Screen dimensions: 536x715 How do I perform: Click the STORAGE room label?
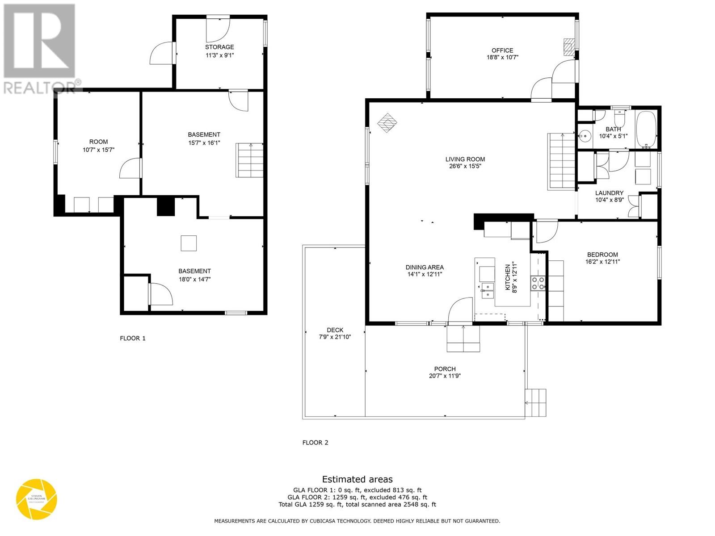pyautogui.click(x=219, y=47)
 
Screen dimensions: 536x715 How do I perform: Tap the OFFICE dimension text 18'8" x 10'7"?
pyautogui.click(x=502, y=58)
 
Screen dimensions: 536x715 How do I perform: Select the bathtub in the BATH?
pyautogui.click(x=646, y=130)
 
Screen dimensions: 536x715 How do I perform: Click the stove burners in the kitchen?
pyautogui.click(x=538, y=283)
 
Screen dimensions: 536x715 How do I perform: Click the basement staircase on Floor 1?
pyautogui.click(x=250, y=161)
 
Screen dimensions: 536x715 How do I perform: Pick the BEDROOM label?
pyautogui.click(x=602, y=255)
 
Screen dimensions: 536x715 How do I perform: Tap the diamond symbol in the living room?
pyautogui.click(x=387, y=122)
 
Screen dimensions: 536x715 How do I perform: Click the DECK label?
pyautogui.click(x=335, y=330)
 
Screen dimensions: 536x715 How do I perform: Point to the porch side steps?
pyautogui.click(x=536, y=403)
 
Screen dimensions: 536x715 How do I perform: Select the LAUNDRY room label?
pyautogui.click(x=609, y=193)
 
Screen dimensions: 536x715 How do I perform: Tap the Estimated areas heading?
pyautogui.click(x=357, y=479)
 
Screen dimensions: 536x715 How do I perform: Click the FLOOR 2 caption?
pyautogui.click(x=315, y=443)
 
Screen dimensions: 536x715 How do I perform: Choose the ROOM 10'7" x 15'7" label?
pyautogui.click(x=98, y=146)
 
